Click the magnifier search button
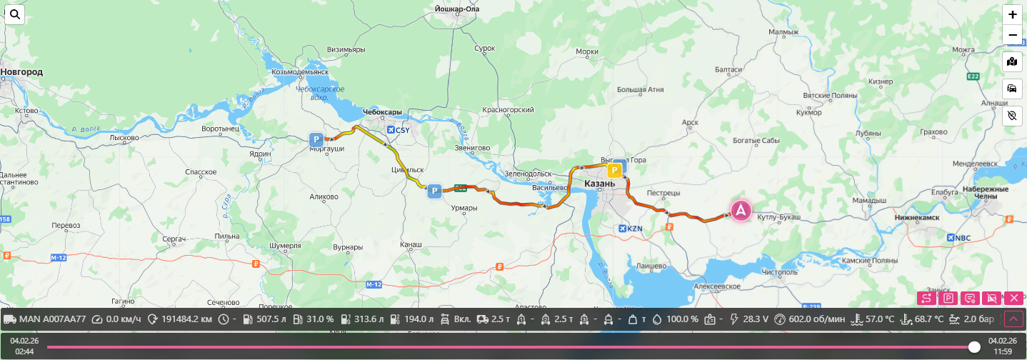(x=15, y=14)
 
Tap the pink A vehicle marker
(x=741, y=210)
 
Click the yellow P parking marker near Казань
(x=613, y=170)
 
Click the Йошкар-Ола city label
(x=456, y=9)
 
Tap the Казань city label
(x=599, y=184)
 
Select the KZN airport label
(x=632, y=229)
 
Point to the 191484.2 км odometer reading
(x=186, y=319)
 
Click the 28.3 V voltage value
(x=755, y=319)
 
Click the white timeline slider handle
(x=974, y=346)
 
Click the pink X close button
(x=1013, y=298)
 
